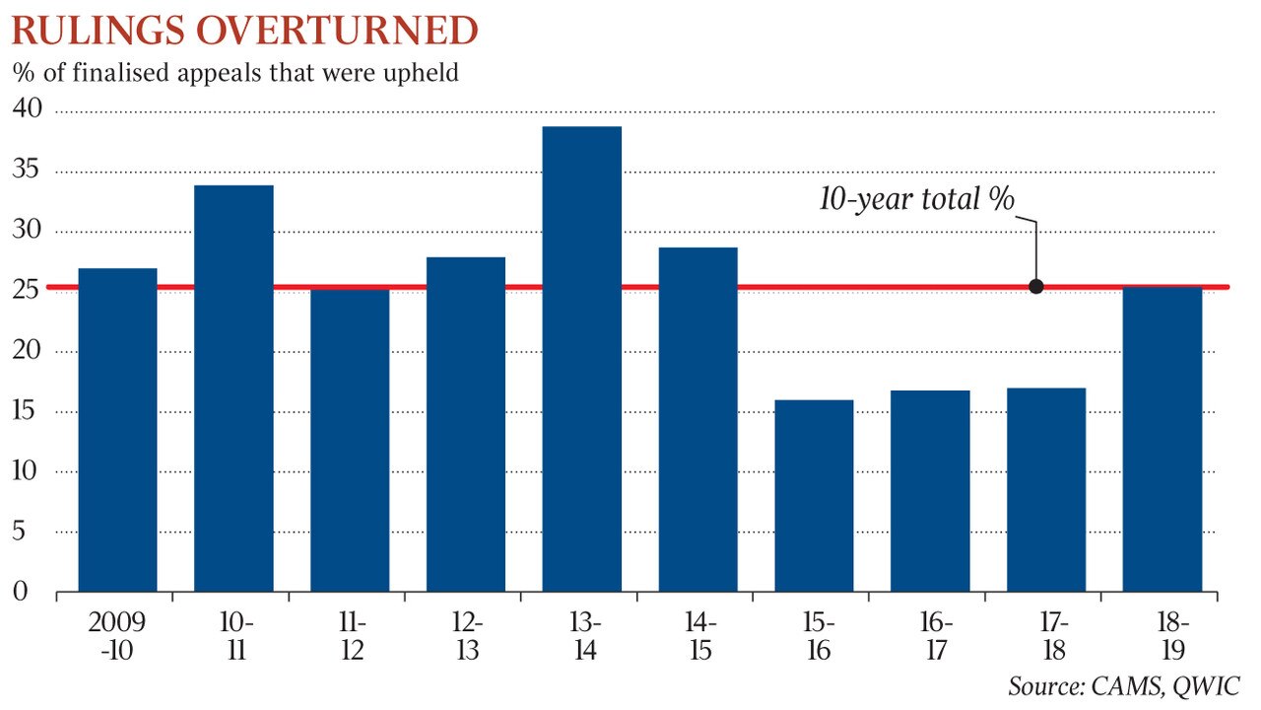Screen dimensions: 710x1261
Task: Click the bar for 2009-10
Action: pos(117,430)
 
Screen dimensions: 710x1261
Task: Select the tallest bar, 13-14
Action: pos(582,359)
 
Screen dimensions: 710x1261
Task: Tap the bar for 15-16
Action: pos(814,495)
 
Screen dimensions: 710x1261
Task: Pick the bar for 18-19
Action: pos(1162,439)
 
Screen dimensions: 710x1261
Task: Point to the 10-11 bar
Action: pos(233,389)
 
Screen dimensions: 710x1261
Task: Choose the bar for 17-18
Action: pos(1046,489)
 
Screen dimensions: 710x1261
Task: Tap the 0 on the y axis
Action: pos(19,592)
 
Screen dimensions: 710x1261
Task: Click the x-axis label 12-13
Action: pos(466,637)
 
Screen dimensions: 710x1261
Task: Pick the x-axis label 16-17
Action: pos(930,637)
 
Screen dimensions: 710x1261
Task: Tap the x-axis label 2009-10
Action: pos(117,637)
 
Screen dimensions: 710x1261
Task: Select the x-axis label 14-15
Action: pos(698,637)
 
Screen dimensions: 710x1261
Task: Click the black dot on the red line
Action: pos(1035,287)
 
